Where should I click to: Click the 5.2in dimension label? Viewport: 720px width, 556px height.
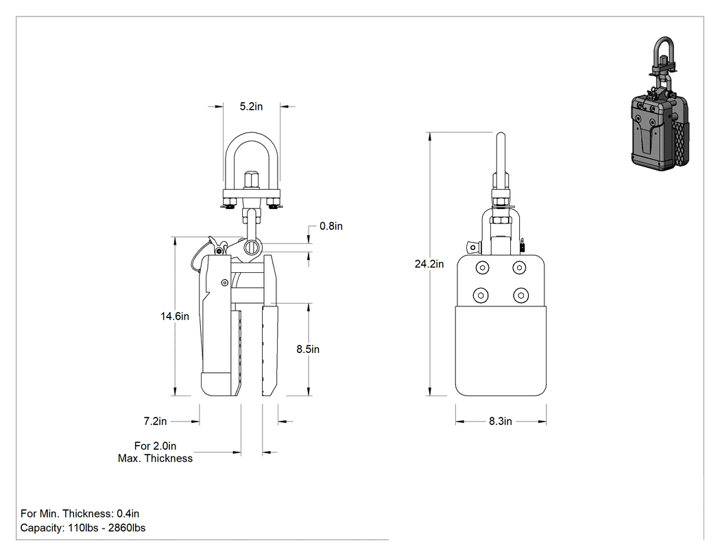251,106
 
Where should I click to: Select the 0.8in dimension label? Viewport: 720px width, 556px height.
331,226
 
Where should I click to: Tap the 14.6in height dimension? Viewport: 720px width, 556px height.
174,316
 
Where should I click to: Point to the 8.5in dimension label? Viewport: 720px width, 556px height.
308,349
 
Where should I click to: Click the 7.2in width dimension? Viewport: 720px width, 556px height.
155,421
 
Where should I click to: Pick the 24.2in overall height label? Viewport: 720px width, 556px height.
429,264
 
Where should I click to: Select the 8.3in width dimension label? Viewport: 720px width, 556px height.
501,421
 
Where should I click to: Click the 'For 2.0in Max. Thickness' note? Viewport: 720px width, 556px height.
155,452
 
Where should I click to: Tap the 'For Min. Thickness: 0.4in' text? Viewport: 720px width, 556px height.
80,513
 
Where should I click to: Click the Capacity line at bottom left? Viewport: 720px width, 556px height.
83,528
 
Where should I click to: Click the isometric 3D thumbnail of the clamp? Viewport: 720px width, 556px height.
660,104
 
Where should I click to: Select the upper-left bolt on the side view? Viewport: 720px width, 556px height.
482,267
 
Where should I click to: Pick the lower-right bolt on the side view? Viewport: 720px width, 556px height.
520,295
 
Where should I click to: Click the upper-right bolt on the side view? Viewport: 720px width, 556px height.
519,267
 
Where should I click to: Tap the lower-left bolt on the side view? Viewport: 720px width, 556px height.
481,295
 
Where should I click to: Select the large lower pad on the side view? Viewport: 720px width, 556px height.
501,350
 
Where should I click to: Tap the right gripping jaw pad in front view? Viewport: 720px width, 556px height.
269,350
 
